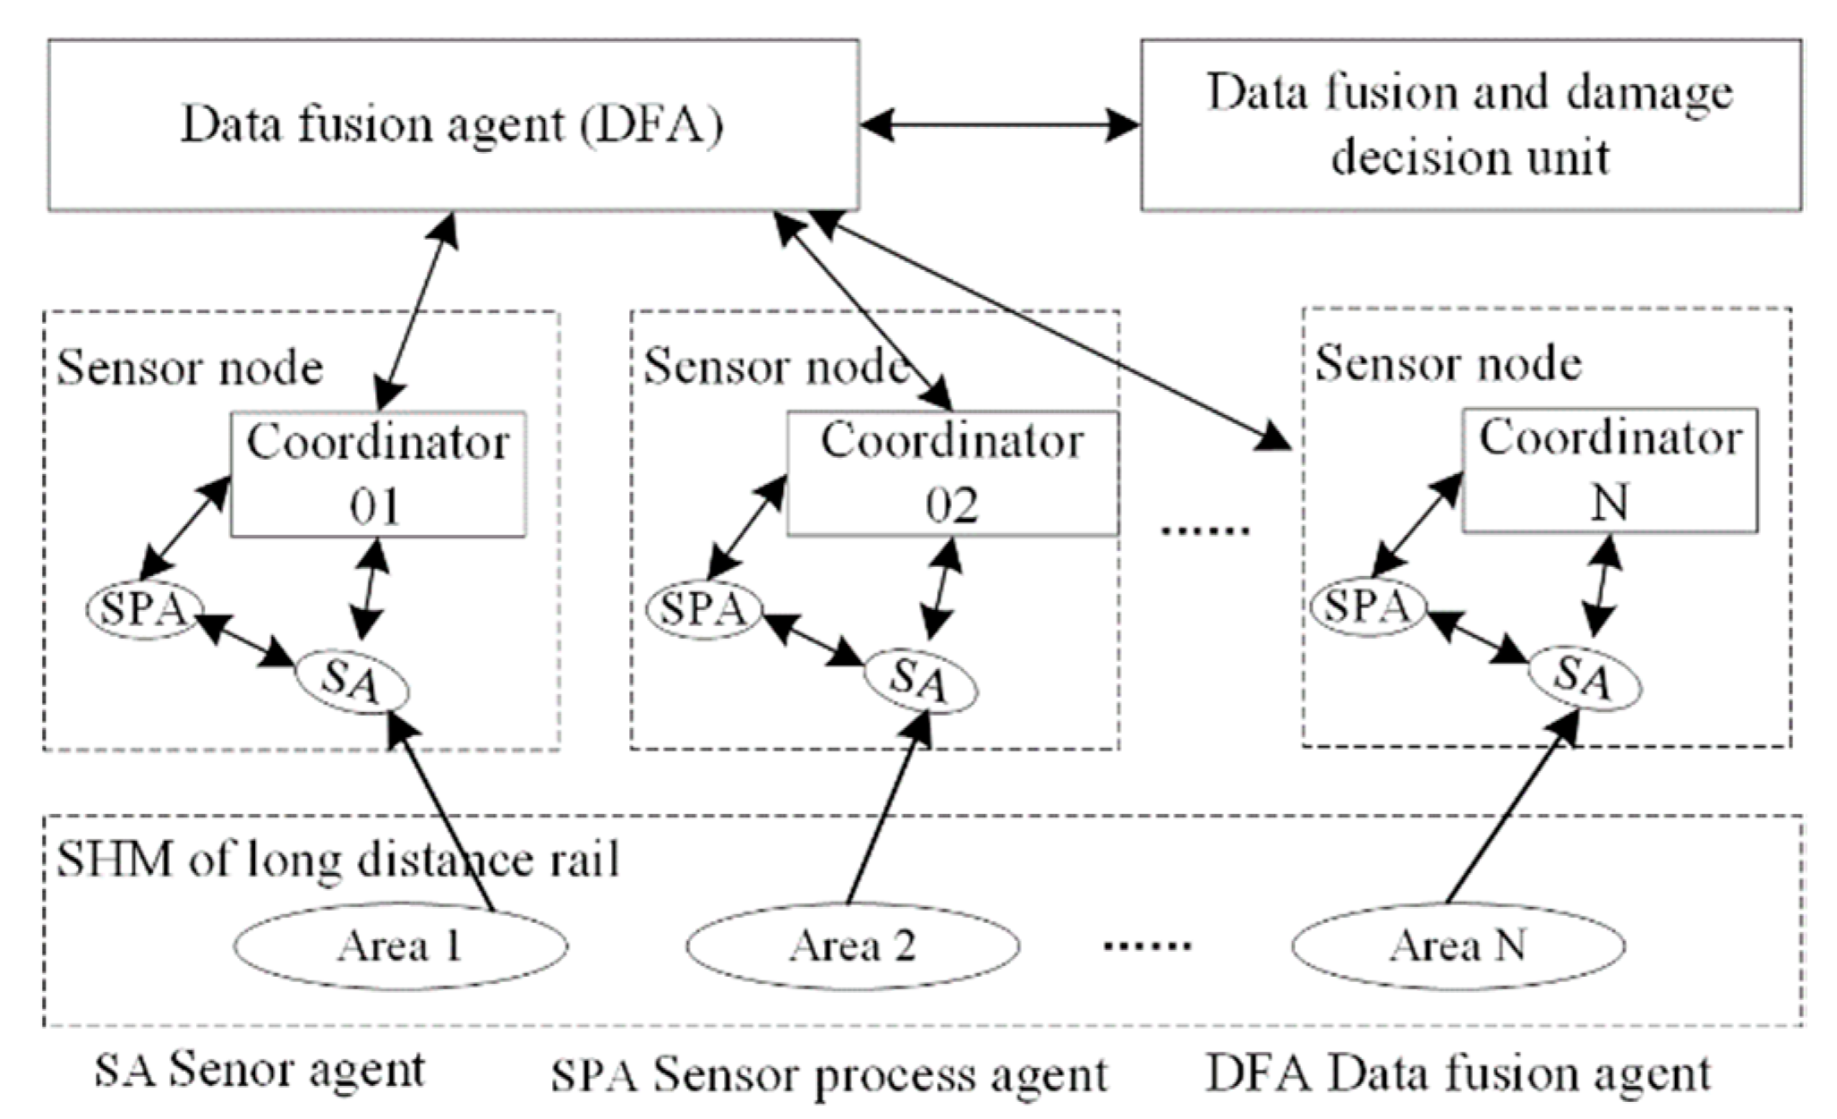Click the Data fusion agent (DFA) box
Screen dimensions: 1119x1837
(453, 125)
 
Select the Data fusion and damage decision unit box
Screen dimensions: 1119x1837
(1470, 125)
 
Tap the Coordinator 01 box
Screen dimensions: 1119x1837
(378, 474)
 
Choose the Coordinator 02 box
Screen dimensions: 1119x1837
(952, 474)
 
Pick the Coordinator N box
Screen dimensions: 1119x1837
(1609, 471)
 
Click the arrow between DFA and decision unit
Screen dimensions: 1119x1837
(999, 125)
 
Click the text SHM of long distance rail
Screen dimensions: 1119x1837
(338, 860)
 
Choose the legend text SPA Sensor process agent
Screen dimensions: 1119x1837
(829, 1074)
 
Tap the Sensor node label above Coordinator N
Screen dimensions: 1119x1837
(1448, 363)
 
